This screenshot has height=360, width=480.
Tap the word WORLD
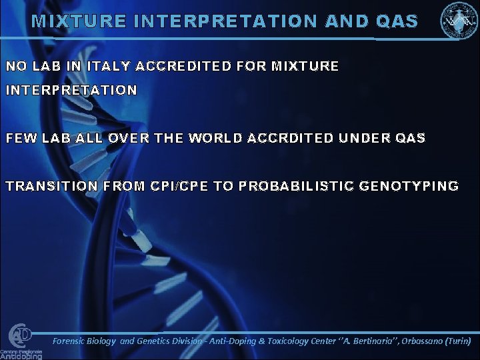click(216, 138)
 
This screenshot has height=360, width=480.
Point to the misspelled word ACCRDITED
click(291, 138)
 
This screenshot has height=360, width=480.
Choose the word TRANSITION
click(51, 186)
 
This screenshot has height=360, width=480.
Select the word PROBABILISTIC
click(297, 186)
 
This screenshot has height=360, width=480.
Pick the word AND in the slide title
click(346, 21)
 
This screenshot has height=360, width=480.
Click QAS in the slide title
click(397, 21)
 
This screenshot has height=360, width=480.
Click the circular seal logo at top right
click(458, 21)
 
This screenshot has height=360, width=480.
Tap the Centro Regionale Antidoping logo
click(20, 341)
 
